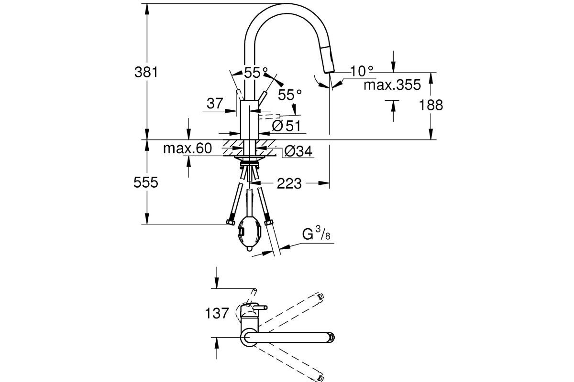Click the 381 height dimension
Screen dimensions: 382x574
[146, 72]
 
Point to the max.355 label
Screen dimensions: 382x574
[392, 85]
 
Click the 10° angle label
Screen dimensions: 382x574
[362, 71]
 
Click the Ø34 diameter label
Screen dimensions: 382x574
[298, 152]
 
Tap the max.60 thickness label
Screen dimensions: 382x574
[187, 149]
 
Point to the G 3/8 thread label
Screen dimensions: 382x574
[316, 235]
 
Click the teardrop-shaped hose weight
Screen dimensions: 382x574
[249, 234]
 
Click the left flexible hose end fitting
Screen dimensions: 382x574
[229, 222]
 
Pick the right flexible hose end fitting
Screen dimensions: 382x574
[269, 223]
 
